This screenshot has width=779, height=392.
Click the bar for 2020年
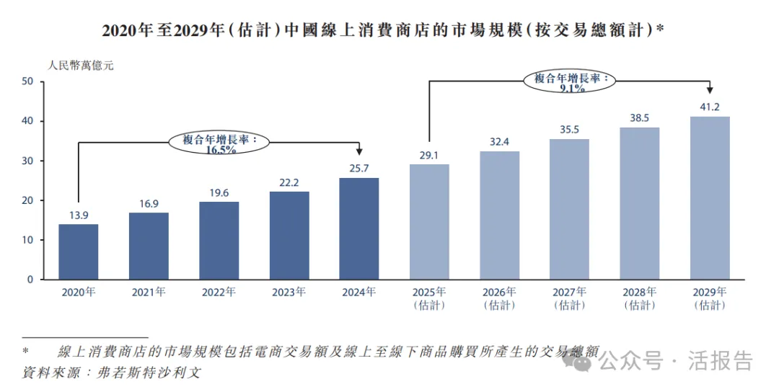tap(78, 251)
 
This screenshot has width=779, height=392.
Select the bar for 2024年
tap(358, 228)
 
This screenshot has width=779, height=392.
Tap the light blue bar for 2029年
tap(710, 197)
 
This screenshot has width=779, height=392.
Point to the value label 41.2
tap(710, 107)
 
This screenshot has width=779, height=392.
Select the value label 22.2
tap(289, 183)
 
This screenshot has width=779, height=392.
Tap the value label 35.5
tap(569, 130)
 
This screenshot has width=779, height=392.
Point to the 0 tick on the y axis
tap(30, 280)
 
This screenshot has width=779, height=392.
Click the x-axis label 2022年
tap(219, 293)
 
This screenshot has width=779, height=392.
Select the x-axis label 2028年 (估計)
tap(639, 298)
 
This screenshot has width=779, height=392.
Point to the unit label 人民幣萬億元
tap(81, 65)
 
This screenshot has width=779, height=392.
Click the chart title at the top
tap(382, 30)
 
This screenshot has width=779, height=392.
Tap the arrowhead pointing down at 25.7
tap(358, 151)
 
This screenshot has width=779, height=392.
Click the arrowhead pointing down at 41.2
tap(710, 90)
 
